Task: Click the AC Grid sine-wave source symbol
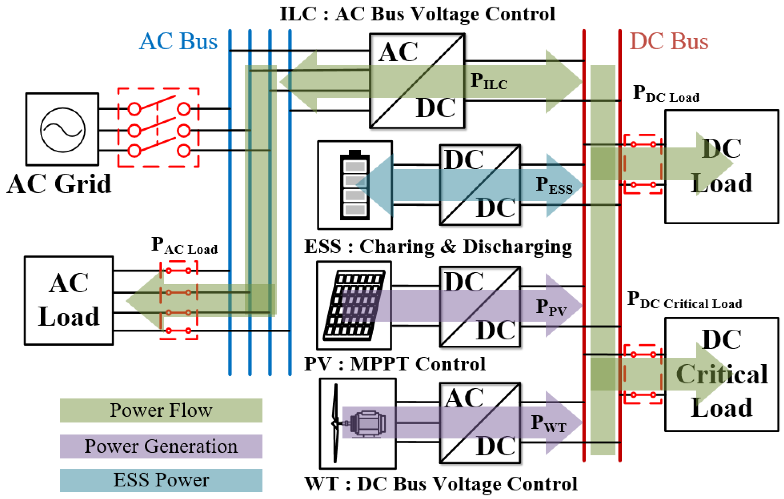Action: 63,130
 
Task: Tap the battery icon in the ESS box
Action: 355,185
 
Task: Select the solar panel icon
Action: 354,305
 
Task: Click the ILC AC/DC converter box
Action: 417,81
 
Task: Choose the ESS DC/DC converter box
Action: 480,185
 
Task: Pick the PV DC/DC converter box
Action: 480,307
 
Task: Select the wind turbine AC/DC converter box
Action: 480,423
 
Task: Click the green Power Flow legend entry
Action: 161,410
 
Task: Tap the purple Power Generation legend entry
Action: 161,446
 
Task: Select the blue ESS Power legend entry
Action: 161,480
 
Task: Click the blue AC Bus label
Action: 178,41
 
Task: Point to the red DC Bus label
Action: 669,41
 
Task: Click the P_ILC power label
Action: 489,81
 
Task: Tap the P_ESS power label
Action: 554,185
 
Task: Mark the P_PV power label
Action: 551,307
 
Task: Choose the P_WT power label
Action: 549,423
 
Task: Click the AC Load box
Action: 69,300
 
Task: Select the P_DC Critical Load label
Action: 685,300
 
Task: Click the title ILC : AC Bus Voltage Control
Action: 417,14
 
